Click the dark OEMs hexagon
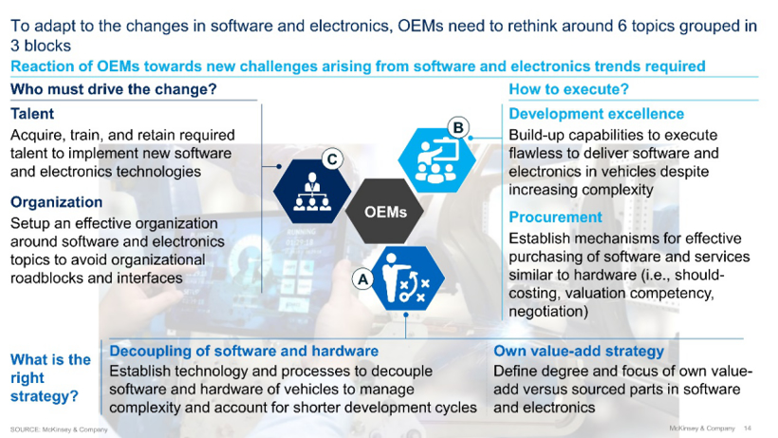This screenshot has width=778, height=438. pyautogui.click(x=384, y=212)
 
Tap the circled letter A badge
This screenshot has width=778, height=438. pyautogui.click(x=362, y=279)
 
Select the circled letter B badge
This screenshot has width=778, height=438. pyautogui.click(x=458, y=127)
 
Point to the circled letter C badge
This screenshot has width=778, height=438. pyautogui.click(x=332, y=160)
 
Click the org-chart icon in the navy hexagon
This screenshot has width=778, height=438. pyautogui.click(x=312, y=192)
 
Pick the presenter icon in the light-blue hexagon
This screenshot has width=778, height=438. pyautogui.click(x=435, y=161)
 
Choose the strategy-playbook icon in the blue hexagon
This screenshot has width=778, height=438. pyautogui.click(x=406, y=278)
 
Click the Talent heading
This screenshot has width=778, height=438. pyautogui.click(x=32, y=114)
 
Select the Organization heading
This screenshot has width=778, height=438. pyautogui.click(x=57, y=202)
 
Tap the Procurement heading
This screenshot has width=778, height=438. pyautogui.click(x=555, y=217)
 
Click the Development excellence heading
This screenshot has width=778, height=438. pyautogui.click(x=597, y=114)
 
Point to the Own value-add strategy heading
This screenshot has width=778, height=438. pyautogui.click(x=579, y=352)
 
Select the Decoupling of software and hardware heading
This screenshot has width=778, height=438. pyautogui.click(x=244, y=352)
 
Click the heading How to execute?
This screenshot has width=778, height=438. pyautogui.click(x=568, y=89)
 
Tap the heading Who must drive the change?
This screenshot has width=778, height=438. pyautogui.click(x=114, y=89)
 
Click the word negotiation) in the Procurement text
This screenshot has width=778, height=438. pyautogui.click(x=548, y=312)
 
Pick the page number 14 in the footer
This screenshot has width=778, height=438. pyautogui.click(x=748, y=428)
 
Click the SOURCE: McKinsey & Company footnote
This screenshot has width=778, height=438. pyautogui.click(x=59, y=429)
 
